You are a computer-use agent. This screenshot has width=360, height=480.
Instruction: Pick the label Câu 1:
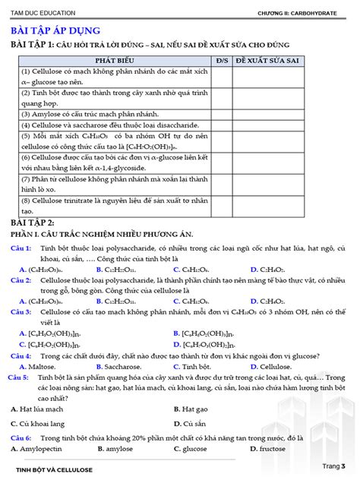(21, 248)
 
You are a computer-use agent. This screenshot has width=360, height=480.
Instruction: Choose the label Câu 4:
(21, 355)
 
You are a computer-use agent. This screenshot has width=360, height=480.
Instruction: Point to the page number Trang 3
(333, 466)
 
